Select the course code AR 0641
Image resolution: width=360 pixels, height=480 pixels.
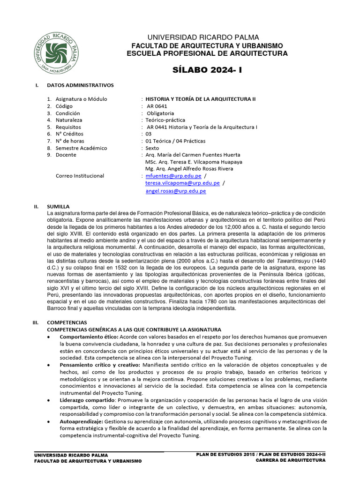(x=157, y=106)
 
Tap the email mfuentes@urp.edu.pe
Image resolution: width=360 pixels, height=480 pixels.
(x=173, y=176)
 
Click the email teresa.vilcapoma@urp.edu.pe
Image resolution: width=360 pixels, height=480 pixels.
(x=182, y=183)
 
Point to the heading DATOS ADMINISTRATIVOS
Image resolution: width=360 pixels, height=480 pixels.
(x=80, y=85)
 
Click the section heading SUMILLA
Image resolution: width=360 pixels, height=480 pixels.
(x=58, y=206)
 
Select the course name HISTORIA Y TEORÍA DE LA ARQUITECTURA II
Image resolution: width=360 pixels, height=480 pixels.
(x=201, y=99)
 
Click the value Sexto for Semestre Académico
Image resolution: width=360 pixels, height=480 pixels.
(x=152, y=148)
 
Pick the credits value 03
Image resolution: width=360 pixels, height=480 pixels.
(x=149, y=134)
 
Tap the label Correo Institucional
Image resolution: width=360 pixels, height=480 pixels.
(x=80, y=176)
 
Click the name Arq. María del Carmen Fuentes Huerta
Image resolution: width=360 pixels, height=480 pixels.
(x=193, y=155)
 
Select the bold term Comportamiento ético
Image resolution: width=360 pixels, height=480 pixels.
(x=89, y=337)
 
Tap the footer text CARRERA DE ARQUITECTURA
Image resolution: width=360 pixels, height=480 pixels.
(x=290, y=461)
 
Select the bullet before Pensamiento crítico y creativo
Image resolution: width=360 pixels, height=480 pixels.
(x=50, y=365)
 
